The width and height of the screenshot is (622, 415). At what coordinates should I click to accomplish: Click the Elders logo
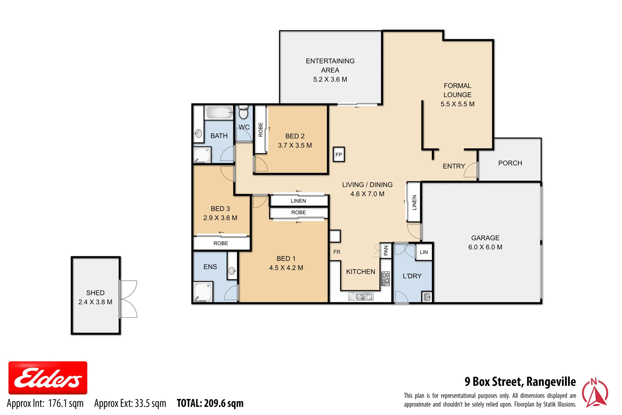(x=48, y=378)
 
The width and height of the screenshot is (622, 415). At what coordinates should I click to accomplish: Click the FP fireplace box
(x=339, y=154)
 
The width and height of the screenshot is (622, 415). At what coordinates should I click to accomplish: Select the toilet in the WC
(x=243, y=113)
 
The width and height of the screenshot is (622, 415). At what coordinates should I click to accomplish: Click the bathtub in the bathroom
(x=219, y=113)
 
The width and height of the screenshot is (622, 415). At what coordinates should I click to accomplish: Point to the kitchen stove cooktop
(x=385, y=279)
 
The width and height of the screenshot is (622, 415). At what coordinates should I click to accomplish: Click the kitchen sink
(x=361, y=297)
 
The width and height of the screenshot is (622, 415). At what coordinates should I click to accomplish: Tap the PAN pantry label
(x=386, y=251)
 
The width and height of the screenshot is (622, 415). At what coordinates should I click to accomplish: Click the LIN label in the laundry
(x=423, y=252)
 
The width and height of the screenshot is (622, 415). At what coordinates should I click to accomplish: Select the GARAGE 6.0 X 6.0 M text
(x=485, y=242)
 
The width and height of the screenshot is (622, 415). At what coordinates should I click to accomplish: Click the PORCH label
(x=510, y=163)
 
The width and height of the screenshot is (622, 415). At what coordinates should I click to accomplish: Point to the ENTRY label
(x=454, y=166)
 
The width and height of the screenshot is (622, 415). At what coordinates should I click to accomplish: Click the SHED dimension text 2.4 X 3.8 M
(x=95, y=302)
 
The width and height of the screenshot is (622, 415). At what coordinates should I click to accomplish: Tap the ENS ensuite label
(x=210, y=267)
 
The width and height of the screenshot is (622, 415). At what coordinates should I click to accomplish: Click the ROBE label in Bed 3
(x=221, y=243)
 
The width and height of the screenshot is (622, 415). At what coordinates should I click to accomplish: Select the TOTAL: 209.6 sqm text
(x=210, y=403)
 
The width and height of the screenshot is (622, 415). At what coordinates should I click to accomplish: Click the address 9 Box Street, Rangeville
(x=520, y=382)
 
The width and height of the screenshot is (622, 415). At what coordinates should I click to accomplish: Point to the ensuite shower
(x=203, y=292)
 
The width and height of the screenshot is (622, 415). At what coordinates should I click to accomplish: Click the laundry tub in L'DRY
(x=427, y=297)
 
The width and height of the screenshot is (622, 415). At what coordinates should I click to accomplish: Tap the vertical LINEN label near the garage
(x=414, y=202)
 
